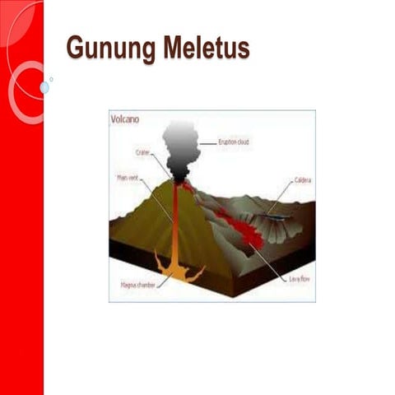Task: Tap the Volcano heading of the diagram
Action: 125,118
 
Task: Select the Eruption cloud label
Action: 234,142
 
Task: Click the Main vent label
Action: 128,176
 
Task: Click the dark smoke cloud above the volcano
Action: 180,146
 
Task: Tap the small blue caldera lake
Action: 276,216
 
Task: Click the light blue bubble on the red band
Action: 44,87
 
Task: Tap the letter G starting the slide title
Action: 76,49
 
